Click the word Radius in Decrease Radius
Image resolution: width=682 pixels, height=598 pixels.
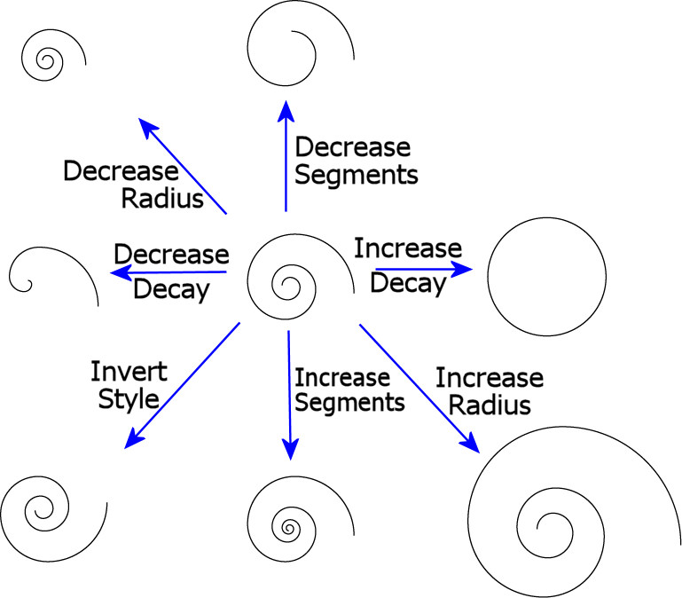(164, 197)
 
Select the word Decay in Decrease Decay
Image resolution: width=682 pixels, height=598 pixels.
(171, 289)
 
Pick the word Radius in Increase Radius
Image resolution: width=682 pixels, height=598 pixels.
(490, 405)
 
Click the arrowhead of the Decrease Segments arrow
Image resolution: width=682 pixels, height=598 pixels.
(286, 109)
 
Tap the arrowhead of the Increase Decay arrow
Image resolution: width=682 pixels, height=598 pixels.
(465, 267)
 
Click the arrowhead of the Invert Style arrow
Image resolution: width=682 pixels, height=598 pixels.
(133, 438)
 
